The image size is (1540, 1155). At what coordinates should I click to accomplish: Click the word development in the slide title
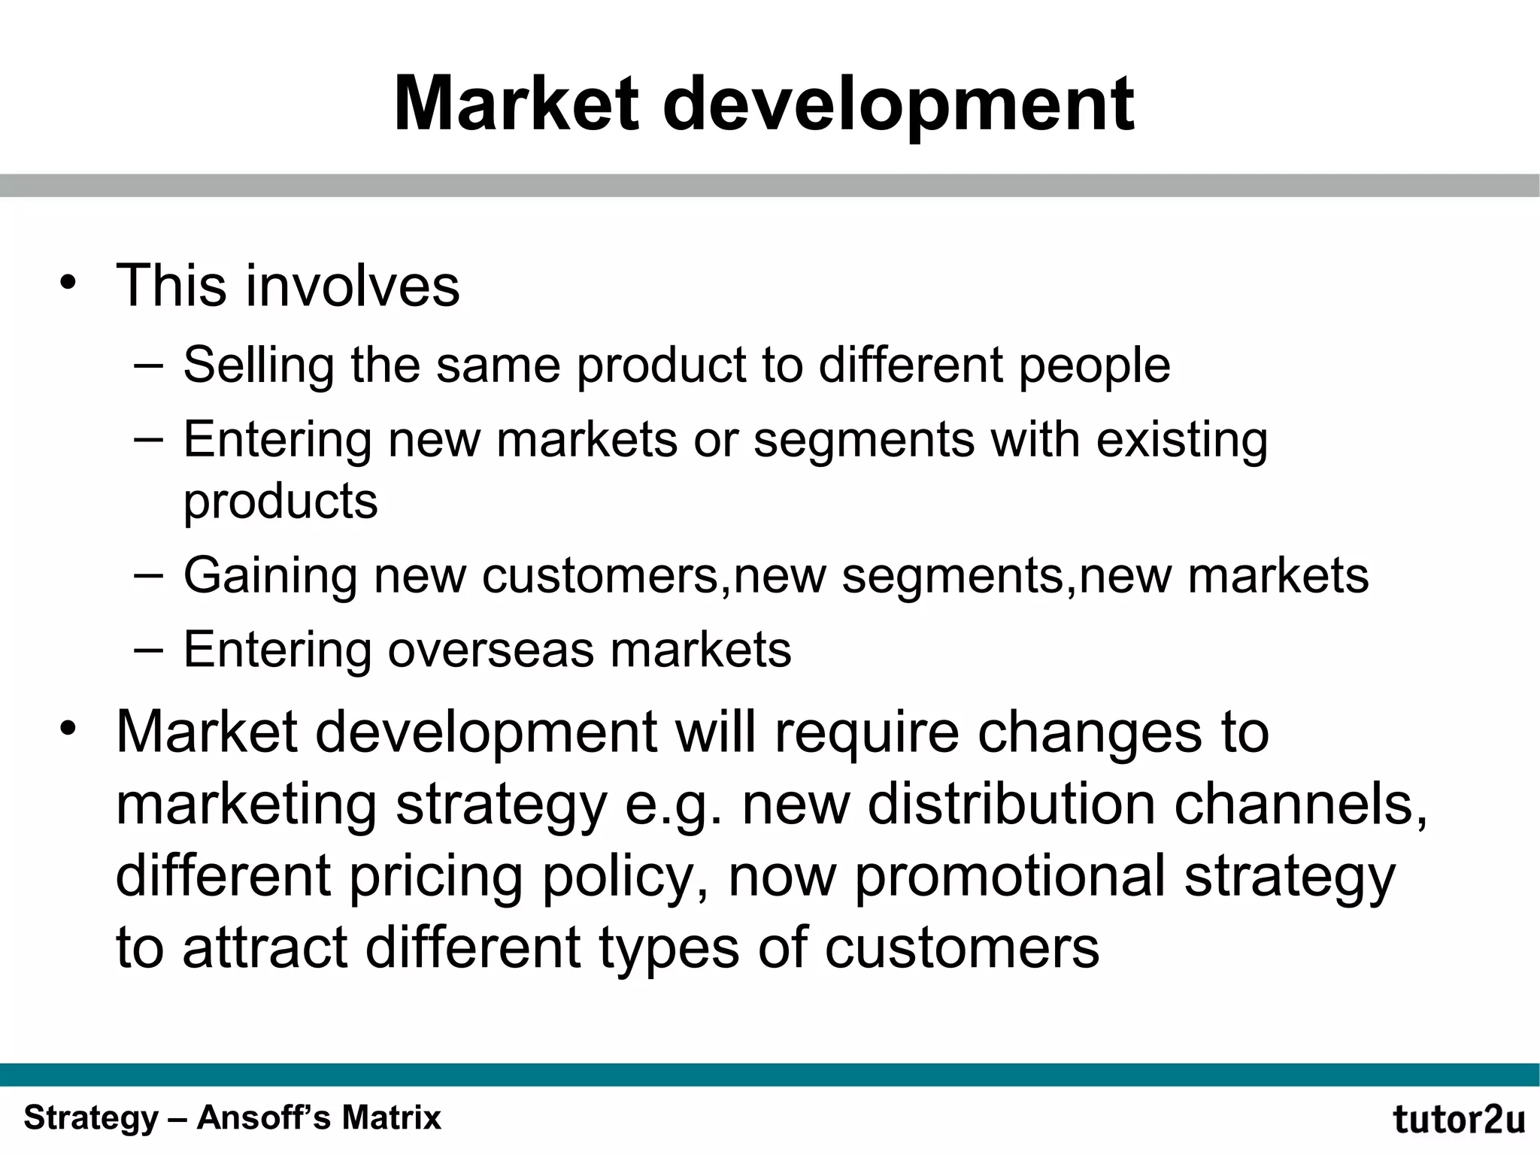click(898, 105)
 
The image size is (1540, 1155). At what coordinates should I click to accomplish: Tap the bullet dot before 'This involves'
click(69, 283)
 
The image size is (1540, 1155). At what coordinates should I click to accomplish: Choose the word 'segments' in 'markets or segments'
click(864, 440)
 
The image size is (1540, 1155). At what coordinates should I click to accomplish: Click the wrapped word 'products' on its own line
click(280, 502)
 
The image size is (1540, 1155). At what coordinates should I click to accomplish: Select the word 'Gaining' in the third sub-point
click(270, 577)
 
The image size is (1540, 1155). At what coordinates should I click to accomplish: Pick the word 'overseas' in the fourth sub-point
click(490, 649)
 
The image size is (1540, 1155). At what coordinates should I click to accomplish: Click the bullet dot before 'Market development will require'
click(69, 729)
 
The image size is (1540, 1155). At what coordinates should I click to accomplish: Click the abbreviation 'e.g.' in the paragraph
click(674, 805)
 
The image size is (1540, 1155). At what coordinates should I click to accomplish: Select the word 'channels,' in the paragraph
click(1301, 804)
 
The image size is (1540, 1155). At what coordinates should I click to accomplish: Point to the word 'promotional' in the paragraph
click(1010, 876)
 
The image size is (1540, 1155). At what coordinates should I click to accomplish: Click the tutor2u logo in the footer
click(1459, 1119)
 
